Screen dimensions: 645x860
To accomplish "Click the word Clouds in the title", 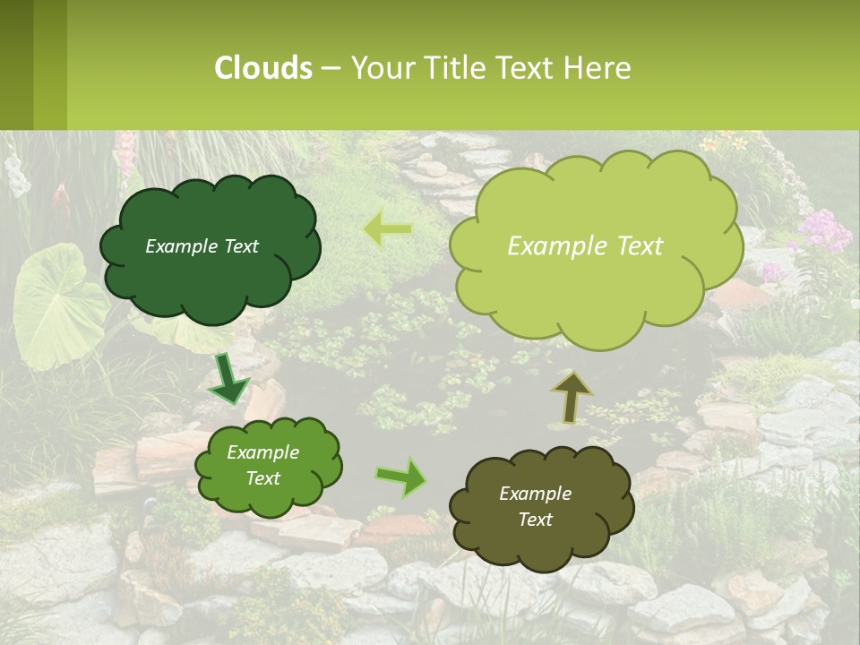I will click(x=263, y=68).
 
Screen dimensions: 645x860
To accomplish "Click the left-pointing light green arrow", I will click(x=387, y=229).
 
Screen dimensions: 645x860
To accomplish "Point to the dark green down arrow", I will click(x=229, y=380).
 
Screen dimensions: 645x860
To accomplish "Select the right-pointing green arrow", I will click(x=402, y=477).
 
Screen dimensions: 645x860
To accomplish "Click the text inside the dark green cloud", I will click(x=202, y=246).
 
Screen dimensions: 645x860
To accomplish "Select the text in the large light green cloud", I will click(x=585, y=246).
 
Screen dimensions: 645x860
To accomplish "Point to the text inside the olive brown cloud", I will click(x=535, y=506).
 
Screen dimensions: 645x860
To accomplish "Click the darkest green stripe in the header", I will click(x=16, y=64).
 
